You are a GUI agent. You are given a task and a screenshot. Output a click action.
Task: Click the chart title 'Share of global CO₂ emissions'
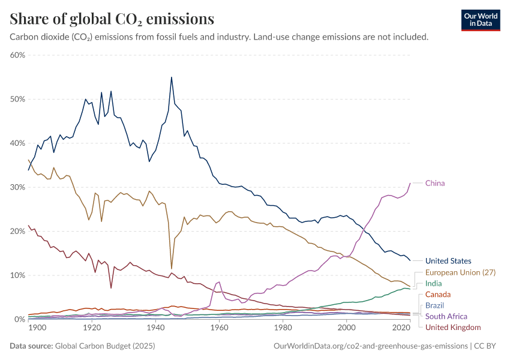112,19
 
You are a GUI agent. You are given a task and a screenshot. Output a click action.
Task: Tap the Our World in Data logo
481,20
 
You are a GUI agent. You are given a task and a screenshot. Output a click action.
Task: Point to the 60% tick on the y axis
17,55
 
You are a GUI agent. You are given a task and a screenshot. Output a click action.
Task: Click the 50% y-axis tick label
17,99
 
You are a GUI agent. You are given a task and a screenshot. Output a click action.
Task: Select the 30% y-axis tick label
17,187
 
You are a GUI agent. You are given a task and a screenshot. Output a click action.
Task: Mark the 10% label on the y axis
17,275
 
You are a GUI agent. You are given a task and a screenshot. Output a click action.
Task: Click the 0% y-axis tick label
19,319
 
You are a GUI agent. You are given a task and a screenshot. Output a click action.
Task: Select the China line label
435,183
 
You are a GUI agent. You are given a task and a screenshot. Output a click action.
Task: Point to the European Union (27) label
459,272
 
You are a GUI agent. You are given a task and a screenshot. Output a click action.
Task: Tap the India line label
434,283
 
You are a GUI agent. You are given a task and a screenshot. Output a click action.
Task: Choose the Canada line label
438,295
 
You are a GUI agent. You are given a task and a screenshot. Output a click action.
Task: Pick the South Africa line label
446,316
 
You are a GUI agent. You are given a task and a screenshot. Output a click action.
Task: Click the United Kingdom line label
453,327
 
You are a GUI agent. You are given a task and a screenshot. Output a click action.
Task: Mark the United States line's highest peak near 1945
172,77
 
